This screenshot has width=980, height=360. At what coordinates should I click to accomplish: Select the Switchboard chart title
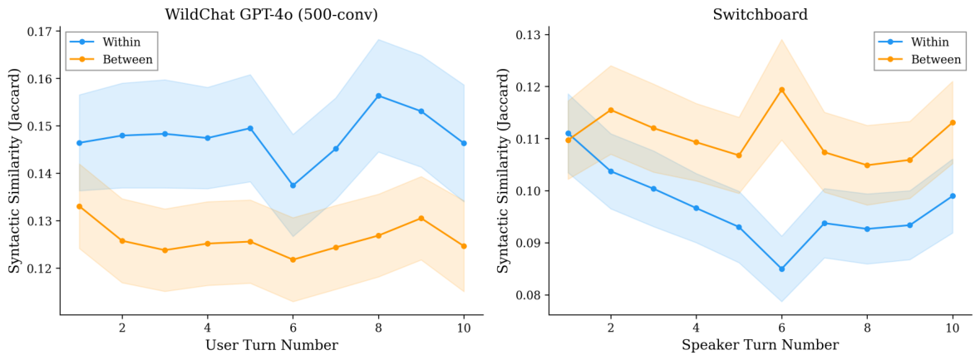pos(751,14)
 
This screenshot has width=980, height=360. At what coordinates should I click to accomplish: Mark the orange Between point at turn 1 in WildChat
pos(79,206)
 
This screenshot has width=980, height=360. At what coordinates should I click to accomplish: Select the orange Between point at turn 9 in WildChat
pos(421,218)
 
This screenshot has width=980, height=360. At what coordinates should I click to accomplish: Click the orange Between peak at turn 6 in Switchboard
pos(782,89)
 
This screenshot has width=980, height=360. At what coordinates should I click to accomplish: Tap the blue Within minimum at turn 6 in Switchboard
pos(782,269)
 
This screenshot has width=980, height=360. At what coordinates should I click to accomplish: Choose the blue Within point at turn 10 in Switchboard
pos(953,195)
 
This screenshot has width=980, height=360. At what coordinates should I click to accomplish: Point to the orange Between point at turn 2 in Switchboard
pos(611,110)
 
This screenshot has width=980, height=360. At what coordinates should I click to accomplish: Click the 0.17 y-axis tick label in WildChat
pos(41,32)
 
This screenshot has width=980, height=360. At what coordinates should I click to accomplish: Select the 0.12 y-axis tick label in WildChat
pos(41,268)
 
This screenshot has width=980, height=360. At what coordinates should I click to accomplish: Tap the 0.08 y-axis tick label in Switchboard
pos(528,295)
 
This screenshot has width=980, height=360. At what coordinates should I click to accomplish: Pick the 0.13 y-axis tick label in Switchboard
pos(528,34)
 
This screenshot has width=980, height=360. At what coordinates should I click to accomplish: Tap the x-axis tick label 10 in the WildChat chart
pos(464,328)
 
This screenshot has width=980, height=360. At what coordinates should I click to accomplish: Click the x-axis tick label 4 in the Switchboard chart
pos(697,328)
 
